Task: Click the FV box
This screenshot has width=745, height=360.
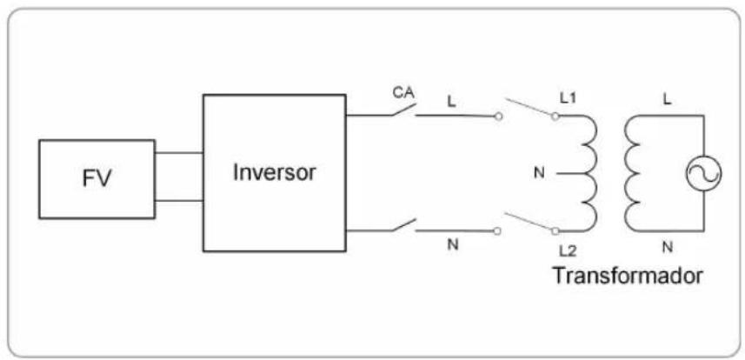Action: tap(96, 179)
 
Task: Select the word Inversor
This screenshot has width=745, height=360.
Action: tap(274, 173)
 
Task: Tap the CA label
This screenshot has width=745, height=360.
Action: tap(404, 93)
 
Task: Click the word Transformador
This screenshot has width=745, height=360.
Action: tap(627, 276)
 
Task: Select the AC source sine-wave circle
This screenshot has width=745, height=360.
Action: tap(703, 174)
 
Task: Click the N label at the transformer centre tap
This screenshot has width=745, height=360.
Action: tap(539, 174)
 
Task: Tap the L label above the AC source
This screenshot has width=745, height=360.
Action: tap(667, 101)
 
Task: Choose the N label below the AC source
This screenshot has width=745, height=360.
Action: tap(667, 247)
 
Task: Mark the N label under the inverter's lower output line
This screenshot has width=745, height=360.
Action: tap(453, 246)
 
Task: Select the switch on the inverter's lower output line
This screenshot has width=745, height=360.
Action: tap(404, 225)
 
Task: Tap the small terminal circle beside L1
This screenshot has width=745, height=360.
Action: tap(555, 117)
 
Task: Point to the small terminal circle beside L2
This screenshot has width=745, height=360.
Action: tap(555, 231)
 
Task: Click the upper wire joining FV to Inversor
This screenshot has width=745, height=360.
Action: tap(179, 153)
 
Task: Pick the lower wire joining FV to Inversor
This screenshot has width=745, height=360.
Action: tap(179, 201)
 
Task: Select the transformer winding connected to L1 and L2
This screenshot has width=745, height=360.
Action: tap(590, 174)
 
